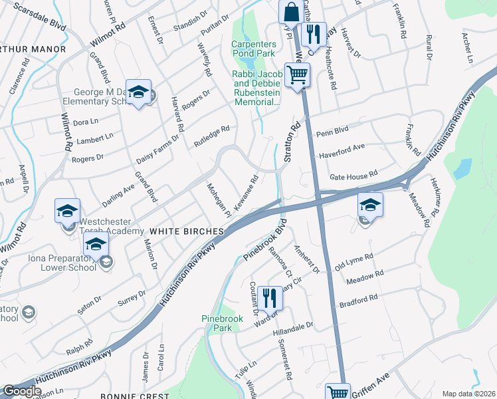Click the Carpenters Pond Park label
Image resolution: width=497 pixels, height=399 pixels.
253,50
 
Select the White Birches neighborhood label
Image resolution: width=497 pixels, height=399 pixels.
186,231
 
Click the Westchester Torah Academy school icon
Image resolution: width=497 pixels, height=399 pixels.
68,211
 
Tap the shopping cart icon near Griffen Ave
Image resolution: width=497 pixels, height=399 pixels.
338,392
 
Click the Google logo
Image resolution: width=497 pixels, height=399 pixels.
22,391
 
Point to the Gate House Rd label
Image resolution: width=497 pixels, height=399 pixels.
353,178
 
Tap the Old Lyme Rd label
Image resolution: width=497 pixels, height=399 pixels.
354,261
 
